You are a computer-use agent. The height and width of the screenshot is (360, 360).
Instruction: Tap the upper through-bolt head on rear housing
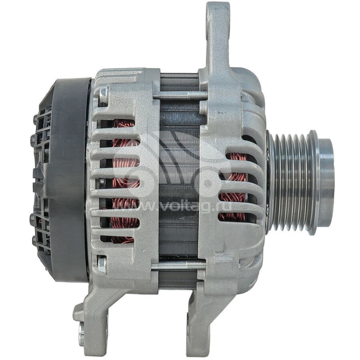pos(103,94)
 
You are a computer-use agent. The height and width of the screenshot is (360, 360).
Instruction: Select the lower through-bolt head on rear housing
pos(103,265)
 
